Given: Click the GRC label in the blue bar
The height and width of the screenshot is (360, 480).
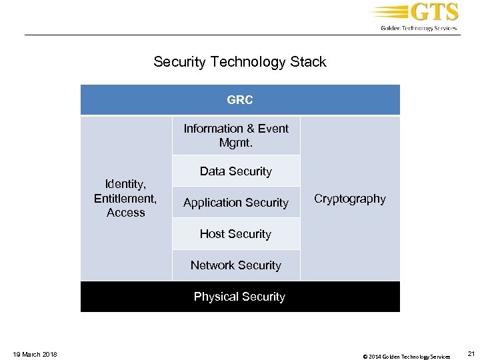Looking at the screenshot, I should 239,100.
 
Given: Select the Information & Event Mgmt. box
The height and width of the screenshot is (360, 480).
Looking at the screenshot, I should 236,135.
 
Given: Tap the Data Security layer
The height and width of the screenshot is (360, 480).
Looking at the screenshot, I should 236,171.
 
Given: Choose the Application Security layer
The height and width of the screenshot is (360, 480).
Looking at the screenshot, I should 236,203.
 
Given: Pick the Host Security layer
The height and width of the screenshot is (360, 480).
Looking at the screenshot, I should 236,234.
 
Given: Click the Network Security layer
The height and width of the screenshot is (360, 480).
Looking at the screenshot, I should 236,265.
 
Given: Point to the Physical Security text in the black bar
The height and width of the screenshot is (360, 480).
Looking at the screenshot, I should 239,297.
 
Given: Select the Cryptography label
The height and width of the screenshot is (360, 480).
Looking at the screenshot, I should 350,199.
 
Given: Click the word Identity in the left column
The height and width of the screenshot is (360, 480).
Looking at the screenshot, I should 125,183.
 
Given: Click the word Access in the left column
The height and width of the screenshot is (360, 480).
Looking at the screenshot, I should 125,213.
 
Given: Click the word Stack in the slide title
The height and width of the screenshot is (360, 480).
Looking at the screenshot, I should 308,63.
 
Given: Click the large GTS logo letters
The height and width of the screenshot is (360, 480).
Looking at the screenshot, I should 435,13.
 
